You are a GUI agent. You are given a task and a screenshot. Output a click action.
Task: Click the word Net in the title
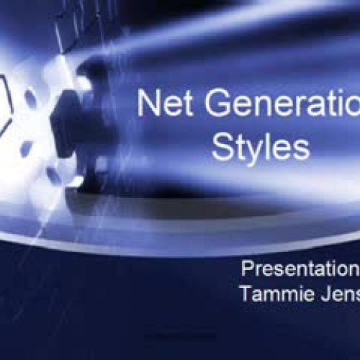click(x=163, y=104)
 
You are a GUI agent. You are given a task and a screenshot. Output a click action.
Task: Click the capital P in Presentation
click(x=247, y=269)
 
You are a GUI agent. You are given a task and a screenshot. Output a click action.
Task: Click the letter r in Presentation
click(x=258, y=271)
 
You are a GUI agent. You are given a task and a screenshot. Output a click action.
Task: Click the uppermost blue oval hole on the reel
click(x=30, y=97)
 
